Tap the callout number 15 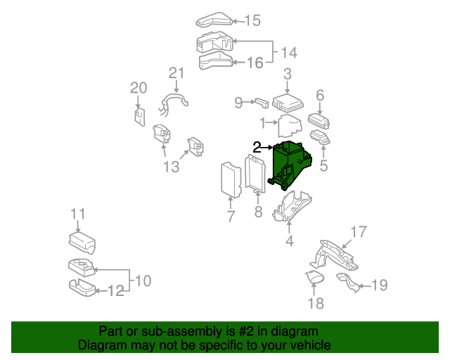(252, 20)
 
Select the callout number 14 (289, 53)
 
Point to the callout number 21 (176, 72)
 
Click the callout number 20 (139, 88)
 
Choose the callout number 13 (172, 167)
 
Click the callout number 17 (359, 231)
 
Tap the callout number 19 (380, 285)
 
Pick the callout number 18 (316, 303)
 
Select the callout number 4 (290, 243)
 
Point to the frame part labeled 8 (254, 173)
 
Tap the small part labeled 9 (261, 103)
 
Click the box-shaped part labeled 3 (288, 101)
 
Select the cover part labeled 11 (82, 242)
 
